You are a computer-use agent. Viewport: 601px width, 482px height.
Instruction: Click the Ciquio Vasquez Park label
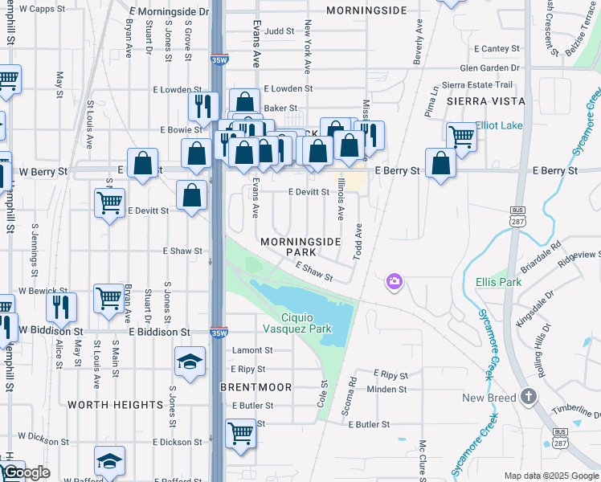click(x=297, y=322)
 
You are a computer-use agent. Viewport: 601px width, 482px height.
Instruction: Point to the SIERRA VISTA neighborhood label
click(x=485, y=101)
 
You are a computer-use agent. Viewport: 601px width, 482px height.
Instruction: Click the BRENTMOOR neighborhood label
click(x=256, y=387)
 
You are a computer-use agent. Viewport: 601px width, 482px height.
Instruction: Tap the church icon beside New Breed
click(x=529, y=397)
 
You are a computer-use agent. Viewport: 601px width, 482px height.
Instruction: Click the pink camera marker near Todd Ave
click(x=394, y=281)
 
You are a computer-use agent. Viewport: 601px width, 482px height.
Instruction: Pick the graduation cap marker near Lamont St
click(x=190, y=361)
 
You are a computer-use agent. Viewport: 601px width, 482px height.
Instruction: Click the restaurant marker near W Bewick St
click(x=61, y=306)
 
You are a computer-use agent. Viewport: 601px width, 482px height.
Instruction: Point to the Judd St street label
click(x=280, y=32)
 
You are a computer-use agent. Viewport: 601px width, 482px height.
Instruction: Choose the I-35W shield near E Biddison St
click(x=218, y=333)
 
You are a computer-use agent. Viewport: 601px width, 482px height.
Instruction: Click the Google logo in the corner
click(x=26, y=472)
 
